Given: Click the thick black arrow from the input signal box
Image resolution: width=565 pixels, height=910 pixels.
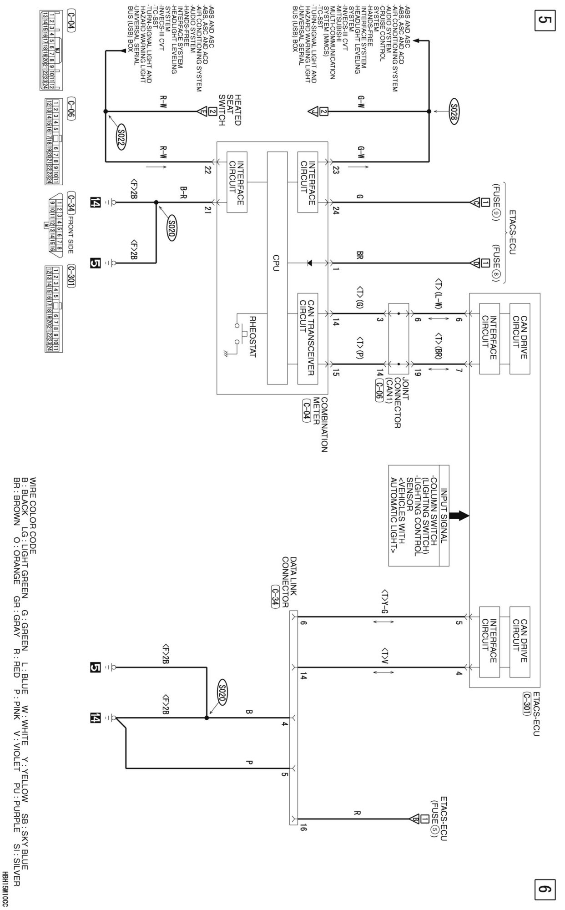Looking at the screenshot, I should coord(459,516).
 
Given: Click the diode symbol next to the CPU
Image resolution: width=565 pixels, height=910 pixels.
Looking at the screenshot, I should coord(311,263).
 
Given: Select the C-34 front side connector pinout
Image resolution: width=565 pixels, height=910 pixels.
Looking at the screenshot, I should coord(59,214).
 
